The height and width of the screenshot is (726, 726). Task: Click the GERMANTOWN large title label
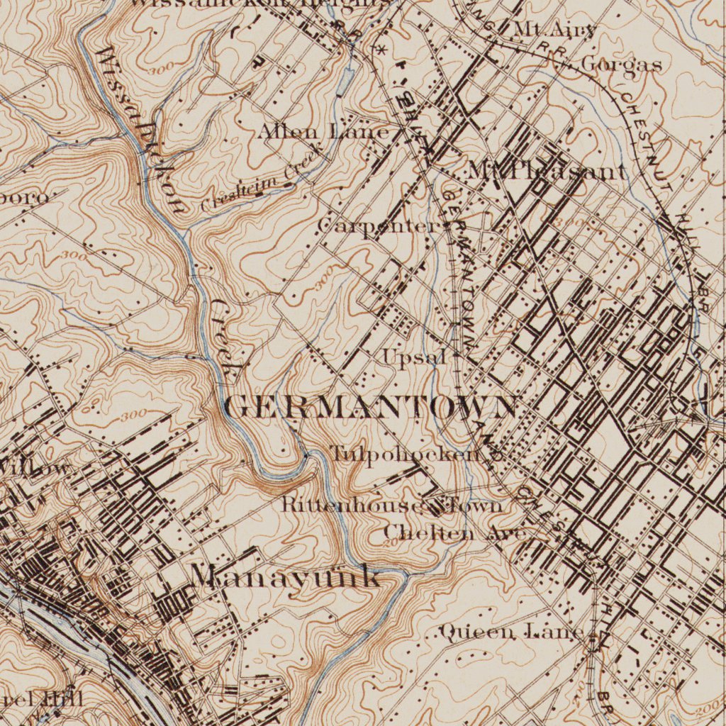[371, 407]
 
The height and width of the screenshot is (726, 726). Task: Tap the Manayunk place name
[286, 576]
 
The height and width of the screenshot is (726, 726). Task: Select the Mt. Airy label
[554, 30]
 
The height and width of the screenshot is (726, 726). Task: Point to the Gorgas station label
[621, 65]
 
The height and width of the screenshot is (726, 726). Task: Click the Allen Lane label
[323, 132]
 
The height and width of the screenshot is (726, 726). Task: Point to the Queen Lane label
[511, 631]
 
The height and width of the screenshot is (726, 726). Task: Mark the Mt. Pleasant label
[547, 171]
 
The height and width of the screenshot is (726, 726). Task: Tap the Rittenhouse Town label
[392, 505]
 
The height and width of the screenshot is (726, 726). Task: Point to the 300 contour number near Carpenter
[324, 281]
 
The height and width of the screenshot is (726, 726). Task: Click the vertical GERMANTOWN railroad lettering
[459, 269]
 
